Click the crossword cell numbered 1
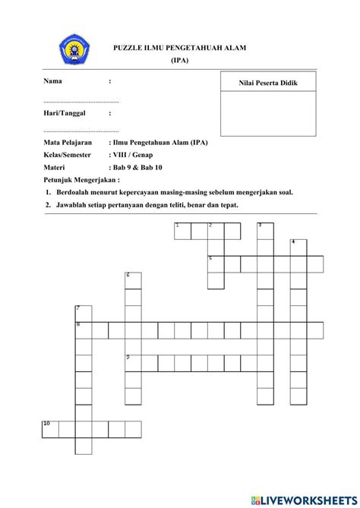tap(182, 231)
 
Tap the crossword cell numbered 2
tap(216, 231)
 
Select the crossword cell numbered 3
tap(265, 231)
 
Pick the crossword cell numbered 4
tap(298, 248)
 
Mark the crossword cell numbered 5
tap(216, 263)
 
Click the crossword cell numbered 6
tap(133, 280)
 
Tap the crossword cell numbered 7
tap(83, 313)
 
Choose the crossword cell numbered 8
tap(83, 330)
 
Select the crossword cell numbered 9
tap(133, 362)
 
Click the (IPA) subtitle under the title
tap(181, 60)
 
